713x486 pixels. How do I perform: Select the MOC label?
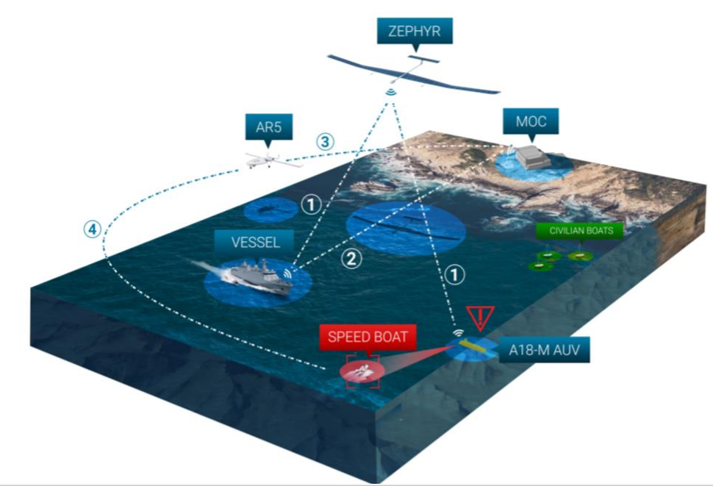tap(531, 121)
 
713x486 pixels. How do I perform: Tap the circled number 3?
tap(324, 142)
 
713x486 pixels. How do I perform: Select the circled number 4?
tap(91, 229)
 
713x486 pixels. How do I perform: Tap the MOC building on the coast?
tap(534, 155)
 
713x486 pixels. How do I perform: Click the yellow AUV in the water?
tap(476, 345)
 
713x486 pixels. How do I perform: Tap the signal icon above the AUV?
tap(457, 332)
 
